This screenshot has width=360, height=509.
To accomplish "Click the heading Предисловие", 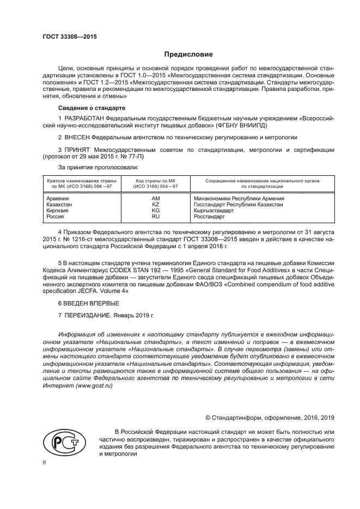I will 189,54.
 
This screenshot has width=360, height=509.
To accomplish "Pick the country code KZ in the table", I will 156,205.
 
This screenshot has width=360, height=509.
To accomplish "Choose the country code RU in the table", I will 156,217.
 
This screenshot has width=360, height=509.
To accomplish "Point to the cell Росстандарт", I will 210,217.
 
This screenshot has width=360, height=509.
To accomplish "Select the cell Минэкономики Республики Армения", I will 239,199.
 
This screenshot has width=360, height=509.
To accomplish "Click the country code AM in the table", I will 156,199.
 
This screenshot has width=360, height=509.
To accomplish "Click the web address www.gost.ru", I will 94,385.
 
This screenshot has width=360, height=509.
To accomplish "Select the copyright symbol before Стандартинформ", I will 208,418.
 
